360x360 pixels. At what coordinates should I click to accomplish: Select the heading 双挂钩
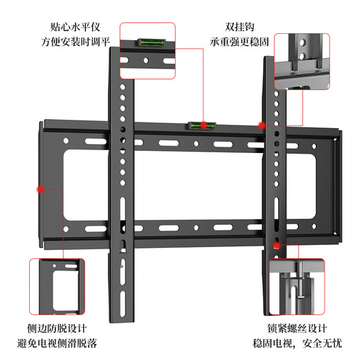point(240,27)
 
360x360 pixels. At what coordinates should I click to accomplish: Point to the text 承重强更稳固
point(240,42)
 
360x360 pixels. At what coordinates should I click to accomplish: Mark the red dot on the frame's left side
point(40,188)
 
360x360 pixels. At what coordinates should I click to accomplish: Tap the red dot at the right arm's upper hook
point(262,125)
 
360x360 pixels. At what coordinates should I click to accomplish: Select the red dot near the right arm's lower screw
point(278,244)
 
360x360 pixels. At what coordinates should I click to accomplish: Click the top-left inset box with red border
point(147,51)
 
